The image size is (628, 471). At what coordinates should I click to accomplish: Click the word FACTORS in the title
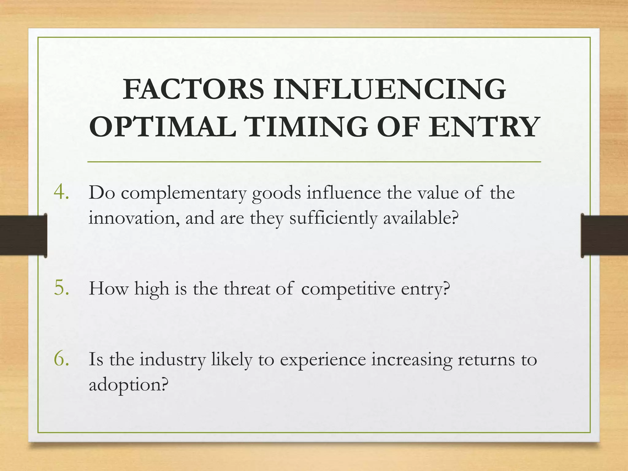point(193,90)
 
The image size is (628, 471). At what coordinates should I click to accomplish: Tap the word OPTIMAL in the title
point(163,127)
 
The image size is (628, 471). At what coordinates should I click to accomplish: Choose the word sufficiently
point(333,219)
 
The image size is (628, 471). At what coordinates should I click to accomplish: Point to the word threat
point(247,289)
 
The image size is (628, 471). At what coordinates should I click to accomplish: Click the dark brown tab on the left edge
point(23,235)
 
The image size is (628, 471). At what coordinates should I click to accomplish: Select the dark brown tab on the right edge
point(604,235)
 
